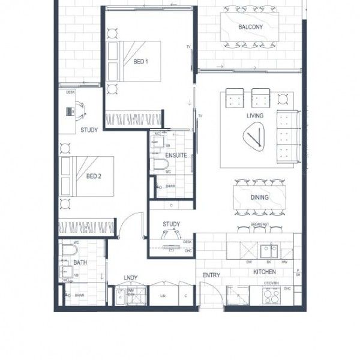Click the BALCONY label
250,27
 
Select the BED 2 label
92,176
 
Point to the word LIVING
255,116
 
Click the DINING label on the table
259,197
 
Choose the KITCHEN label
264,272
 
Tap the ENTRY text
211,275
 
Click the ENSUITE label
176,156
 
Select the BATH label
80,263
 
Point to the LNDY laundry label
130,277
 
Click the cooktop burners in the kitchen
272,296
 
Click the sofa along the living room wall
287,136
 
